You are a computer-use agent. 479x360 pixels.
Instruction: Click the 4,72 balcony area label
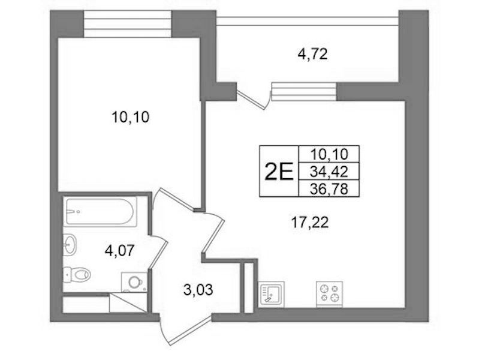tap(312, 55)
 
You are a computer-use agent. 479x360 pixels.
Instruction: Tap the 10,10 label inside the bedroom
tap(131, 117)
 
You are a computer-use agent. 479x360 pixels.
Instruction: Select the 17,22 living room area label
tap(310, 223)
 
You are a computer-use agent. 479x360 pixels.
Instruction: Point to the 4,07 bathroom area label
tap(119, 251)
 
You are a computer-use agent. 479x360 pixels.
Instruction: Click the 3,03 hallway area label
tap(198, 289)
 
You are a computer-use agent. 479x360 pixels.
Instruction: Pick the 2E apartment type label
tap(279, 172)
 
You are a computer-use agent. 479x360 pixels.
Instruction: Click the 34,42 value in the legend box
tap(329, 172)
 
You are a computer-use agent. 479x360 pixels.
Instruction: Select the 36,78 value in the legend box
tap(329, 189)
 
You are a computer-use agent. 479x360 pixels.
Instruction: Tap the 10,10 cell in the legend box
tap(329, 154)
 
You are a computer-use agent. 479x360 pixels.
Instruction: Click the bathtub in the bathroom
tap(100, 212)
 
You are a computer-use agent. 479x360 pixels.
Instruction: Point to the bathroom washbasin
tap(70, 244)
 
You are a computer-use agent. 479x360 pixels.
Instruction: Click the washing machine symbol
tap(134, 282)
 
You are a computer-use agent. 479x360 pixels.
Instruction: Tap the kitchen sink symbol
tap(271, 294)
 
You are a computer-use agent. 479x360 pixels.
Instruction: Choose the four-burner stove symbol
tap(329, 294)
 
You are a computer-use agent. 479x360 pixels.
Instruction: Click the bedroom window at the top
tap(127, 24)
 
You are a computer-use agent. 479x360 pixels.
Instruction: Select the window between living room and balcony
tap(304, 91)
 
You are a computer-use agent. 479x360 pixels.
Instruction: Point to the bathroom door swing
tap(159, 253)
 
